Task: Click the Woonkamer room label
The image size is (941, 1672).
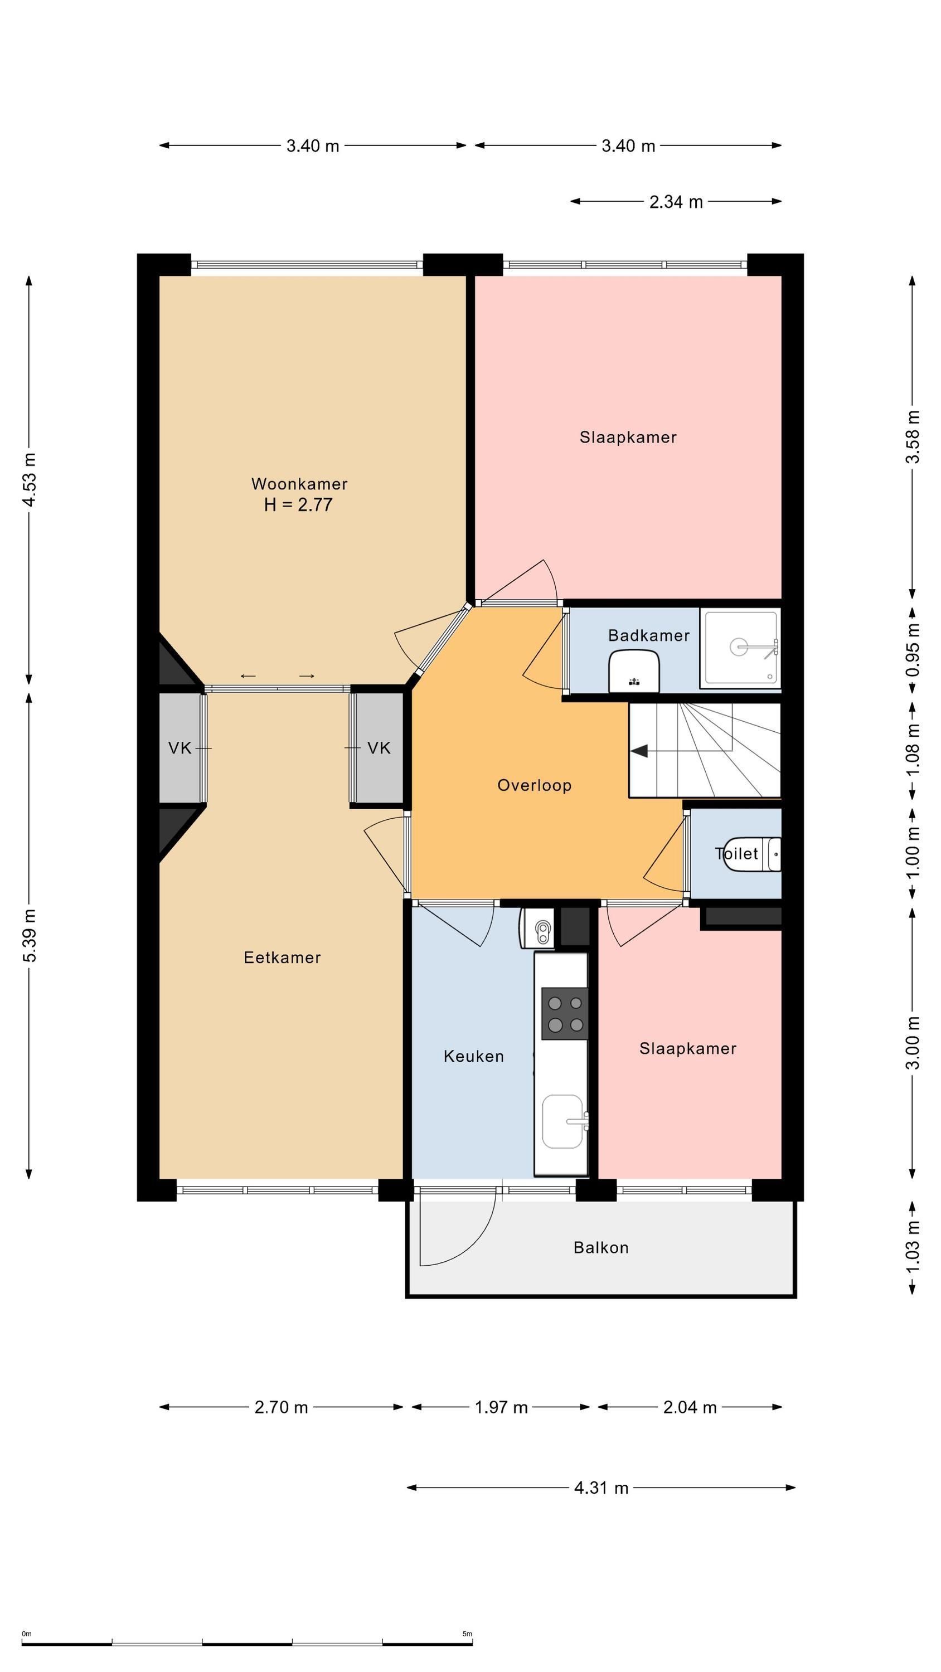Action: [x=299, y=484]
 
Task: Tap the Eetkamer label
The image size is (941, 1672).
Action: [x=282, y=957]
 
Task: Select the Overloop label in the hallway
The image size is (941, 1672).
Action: [x=535, y=785]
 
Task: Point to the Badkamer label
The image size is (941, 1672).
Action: [x=649, y=635]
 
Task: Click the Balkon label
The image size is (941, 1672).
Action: [x=601, y=1247]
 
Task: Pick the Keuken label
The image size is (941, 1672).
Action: [x=473, y=1057]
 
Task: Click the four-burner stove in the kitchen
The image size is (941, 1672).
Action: [x=564, y=1014]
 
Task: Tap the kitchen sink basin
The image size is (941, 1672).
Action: [x=563, y=1121]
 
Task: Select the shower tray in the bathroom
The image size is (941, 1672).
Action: [x=740, y=648]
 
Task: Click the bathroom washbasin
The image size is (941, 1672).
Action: [x=634, y=671]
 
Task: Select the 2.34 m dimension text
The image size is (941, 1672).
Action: [x=676, y=202]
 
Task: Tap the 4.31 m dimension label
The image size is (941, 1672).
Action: [x=602, y=1488]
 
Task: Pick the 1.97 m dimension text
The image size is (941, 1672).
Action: [x=501, y=1407]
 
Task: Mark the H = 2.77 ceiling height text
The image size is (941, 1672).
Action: [x=298, y=504]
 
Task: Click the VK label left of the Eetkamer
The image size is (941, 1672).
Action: [x=180, y=748]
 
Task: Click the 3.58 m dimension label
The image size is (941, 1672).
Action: [x=913, y=437]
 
